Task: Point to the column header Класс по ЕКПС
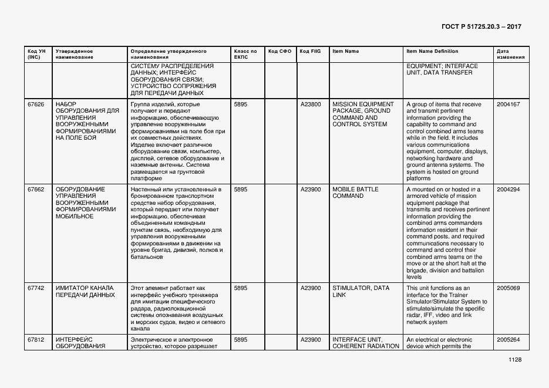coord(245,54)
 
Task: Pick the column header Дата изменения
coord(507,54)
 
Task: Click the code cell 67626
coord(36,104)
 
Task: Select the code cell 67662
coord(36,190)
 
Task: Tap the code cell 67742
coord(36,288)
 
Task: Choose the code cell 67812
coord(36,339)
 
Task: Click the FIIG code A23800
coord(311,104)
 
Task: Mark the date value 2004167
coord(508,104)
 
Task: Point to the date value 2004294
coord(508,190)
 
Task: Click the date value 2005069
coord(508,288)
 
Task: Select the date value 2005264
coord(508,339)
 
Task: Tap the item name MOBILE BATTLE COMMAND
coord(355,193)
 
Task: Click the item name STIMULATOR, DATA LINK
coord(361,291)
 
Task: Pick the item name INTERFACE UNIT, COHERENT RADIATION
coord(365,343)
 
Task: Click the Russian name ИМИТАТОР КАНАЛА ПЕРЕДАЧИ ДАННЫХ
coord(85,291)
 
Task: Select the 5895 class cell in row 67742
coord(241,288)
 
